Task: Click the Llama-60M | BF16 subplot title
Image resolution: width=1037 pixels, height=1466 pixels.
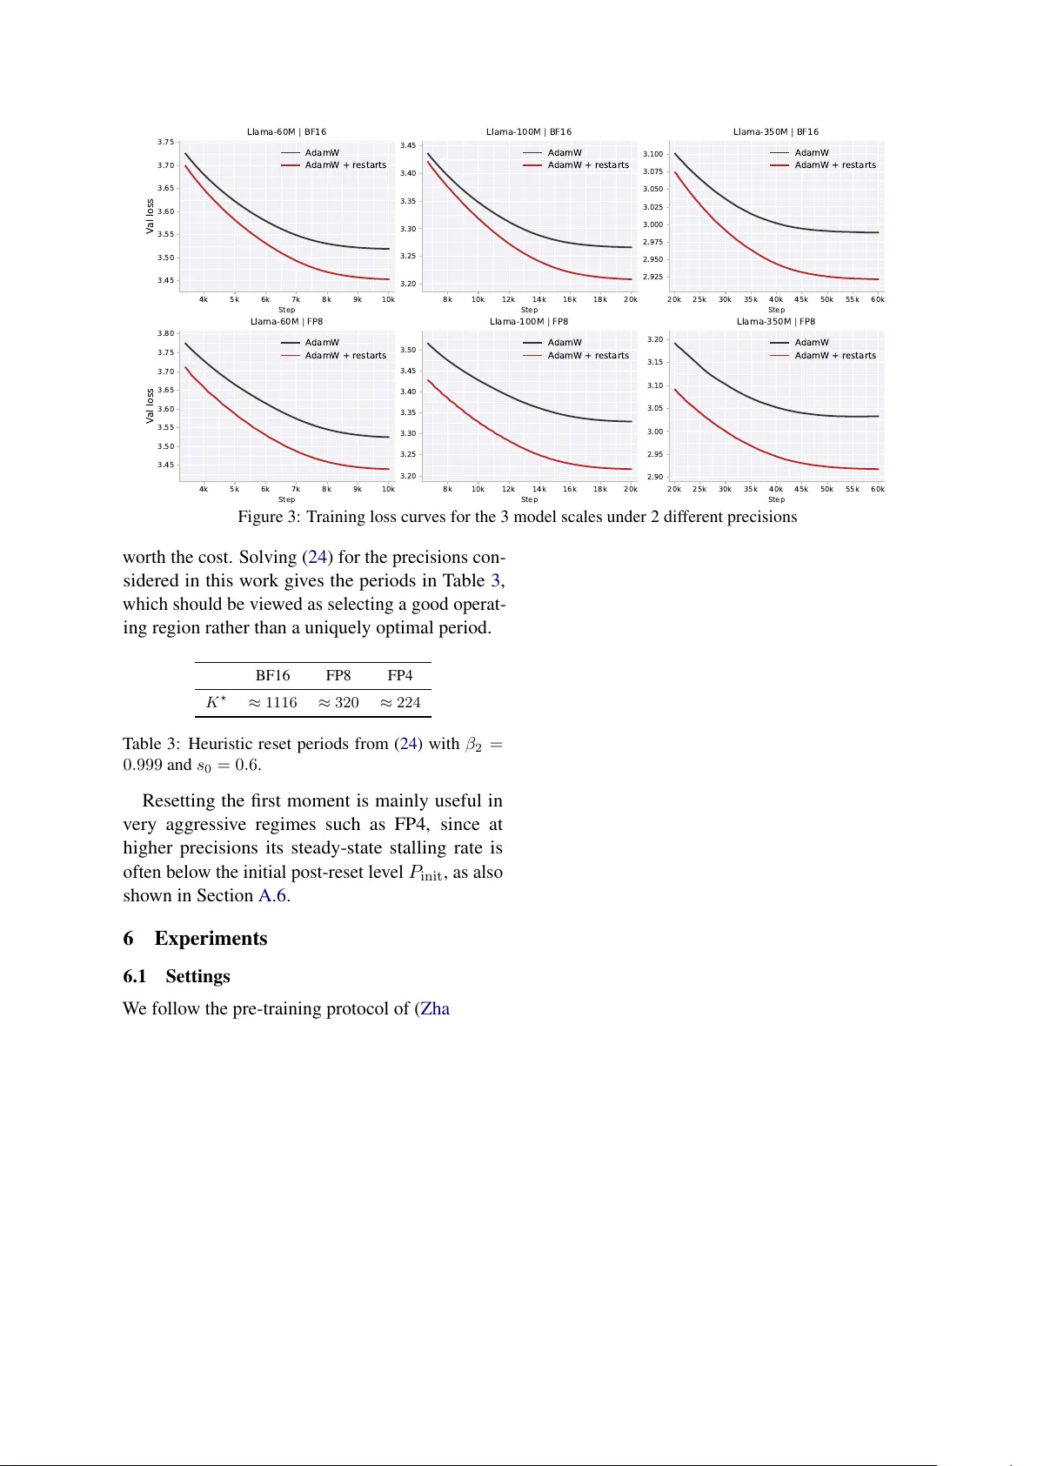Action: point(286,132)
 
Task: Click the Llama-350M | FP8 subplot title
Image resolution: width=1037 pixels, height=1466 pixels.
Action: point(776,322)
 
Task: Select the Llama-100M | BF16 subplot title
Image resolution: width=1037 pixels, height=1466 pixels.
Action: point(529,132)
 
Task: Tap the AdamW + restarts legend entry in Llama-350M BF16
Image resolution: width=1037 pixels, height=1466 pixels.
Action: point(834,165)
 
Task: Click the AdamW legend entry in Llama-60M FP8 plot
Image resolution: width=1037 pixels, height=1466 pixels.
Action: point(322,343)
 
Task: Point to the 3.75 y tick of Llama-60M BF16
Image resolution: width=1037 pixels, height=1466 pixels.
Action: point(165,142)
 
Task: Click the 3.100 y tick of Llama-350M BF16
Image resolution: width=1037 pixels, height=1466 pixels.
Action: point(652,154)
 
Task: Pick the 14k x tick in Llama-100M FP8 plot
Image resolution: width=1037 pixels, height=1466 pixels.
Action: point(539,489)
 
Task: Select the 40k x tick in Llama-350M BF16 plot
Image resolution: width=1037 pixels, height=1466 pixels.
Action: point(775,299)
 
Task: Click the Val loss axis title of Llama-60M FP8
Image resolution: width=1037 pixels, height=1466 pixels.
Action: point(150,406)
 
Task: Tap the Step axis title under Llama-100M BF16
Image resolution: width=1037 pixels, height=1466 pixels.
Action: point(529,310)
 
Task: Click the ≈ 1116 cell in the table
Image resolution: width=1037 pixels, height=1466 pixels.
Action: point(272,703)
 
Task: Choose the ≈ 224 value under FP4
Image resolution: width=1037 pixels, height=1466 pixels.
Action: point(400,703)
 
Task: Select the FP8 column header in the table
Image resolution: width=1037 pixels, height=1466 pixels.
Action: point(338,676)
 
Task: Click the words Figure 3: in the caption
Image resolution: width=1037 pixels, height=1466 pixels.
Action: point(269,517)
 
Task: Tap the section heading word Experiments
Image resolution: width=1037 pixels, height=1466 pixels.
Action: point(211,939)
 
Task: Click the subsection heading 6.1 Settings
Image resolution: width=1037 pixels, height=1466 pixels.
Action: point(177,976)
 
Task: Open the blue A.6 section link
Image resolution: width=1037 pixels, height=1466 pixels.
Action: point(272,896)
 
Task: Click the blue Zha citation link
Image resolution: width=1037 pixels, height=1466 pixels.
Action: point(435,1009)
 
